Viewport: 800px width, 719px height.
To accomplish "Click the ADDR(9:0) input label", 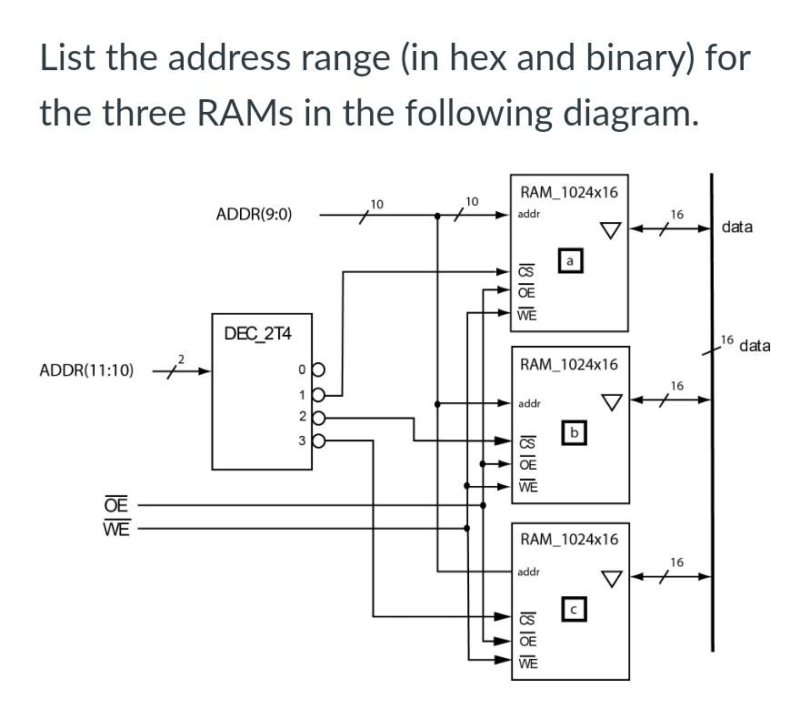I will (x=254, y=215).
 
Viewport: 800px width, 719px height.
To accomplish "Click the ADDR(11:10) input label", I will (x=87, y=370).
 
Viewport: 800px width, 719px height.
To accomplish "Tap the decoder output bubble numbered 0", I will (x=319, y=370).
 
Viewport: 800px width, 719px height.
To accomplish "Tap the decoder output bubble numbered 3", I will (x=319, y=441).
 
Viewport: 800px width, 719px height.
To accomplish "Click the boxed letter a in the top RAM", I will (x=570, y=261).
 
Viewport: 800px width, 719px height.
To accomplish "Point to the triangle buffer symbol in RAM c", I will (x=612, y=578).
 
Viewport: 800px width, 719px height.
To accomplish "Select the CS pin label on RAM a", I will (x=525, y=271).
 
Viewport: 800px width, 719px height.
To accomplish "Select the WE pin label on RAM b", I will (x=526, y=486).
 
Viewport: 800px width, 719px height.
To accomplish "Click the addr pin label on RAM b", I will (x=529, y=402).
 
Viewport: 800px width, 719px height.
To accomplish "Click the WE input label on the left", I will (x=115, y=528).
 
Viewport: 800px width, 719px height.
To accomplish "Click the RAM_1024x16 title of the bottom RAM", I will (x=568, y=539).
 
